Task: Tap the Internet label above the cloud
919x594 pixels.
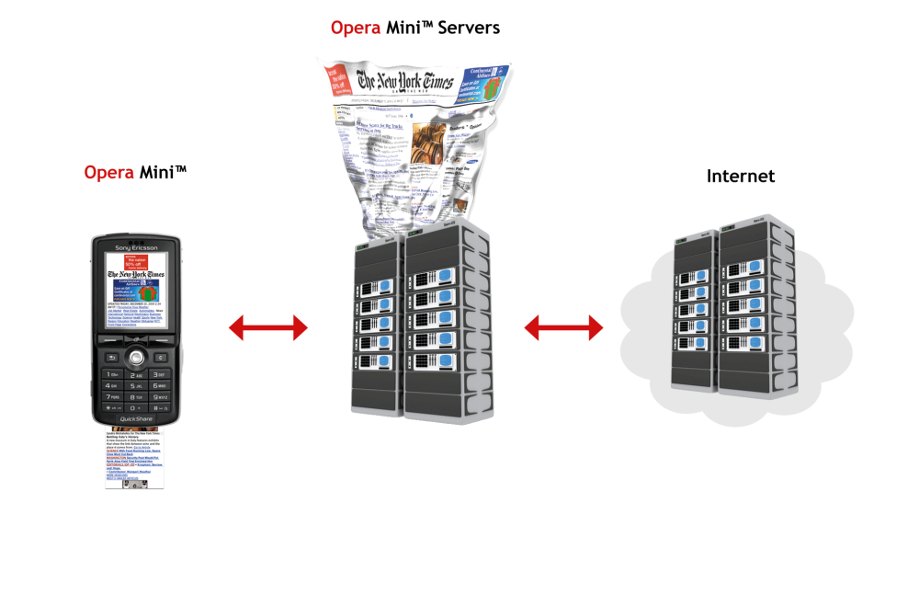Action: tap(741, 176)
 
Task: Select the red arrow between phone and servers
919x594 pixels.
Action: tap(267, 326)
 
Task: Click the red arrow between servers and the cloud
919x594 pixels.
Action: tap(563, 326)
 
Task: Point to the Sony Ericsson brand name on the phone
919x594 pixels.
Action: tap(136, 248)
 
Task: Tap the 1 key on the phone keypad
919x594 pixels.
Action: tap(112, 375)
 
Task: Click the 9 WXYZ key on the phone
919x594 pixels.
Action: tap(160, 397)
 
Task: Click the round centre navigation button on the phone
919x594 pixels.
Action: tap(136, 357)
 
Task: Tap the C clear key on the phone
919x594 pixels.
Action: tap(161, 357)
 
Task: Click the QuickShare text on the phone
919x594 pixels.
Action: tap(136, 419)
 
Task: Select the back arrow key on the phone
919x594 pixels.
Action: tap(111, 357)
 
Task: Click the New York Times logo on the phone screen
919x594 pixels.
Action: tap(136, 274)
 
